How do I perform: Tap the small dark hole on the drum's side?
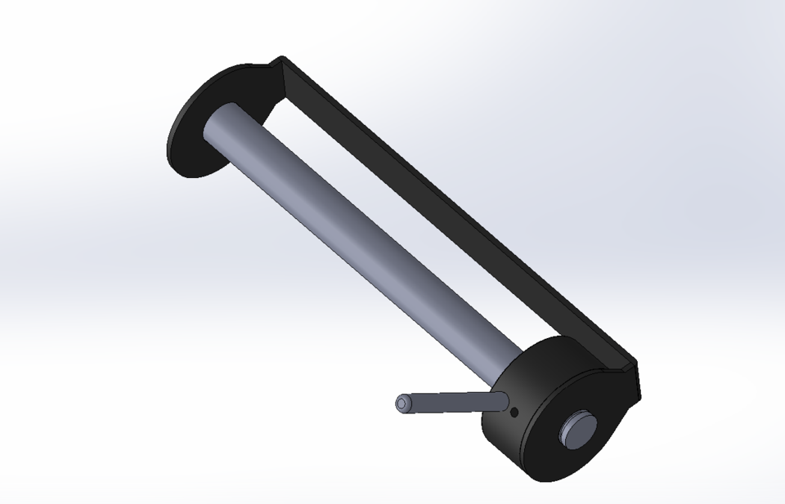click(x=514, y=413)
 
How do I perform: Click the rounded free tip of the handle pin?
click(x=401, y=404)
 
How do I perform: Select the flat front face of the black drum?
click(x=576, y=425)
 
